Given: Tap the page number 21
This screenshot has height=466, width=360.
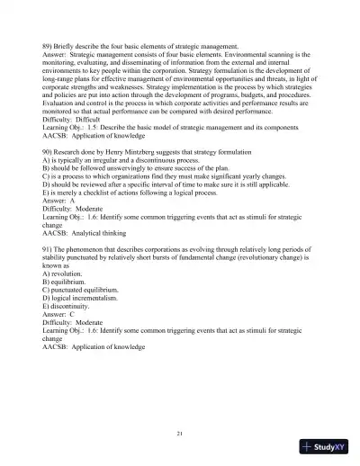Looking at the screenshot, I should tap(180, 435).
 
